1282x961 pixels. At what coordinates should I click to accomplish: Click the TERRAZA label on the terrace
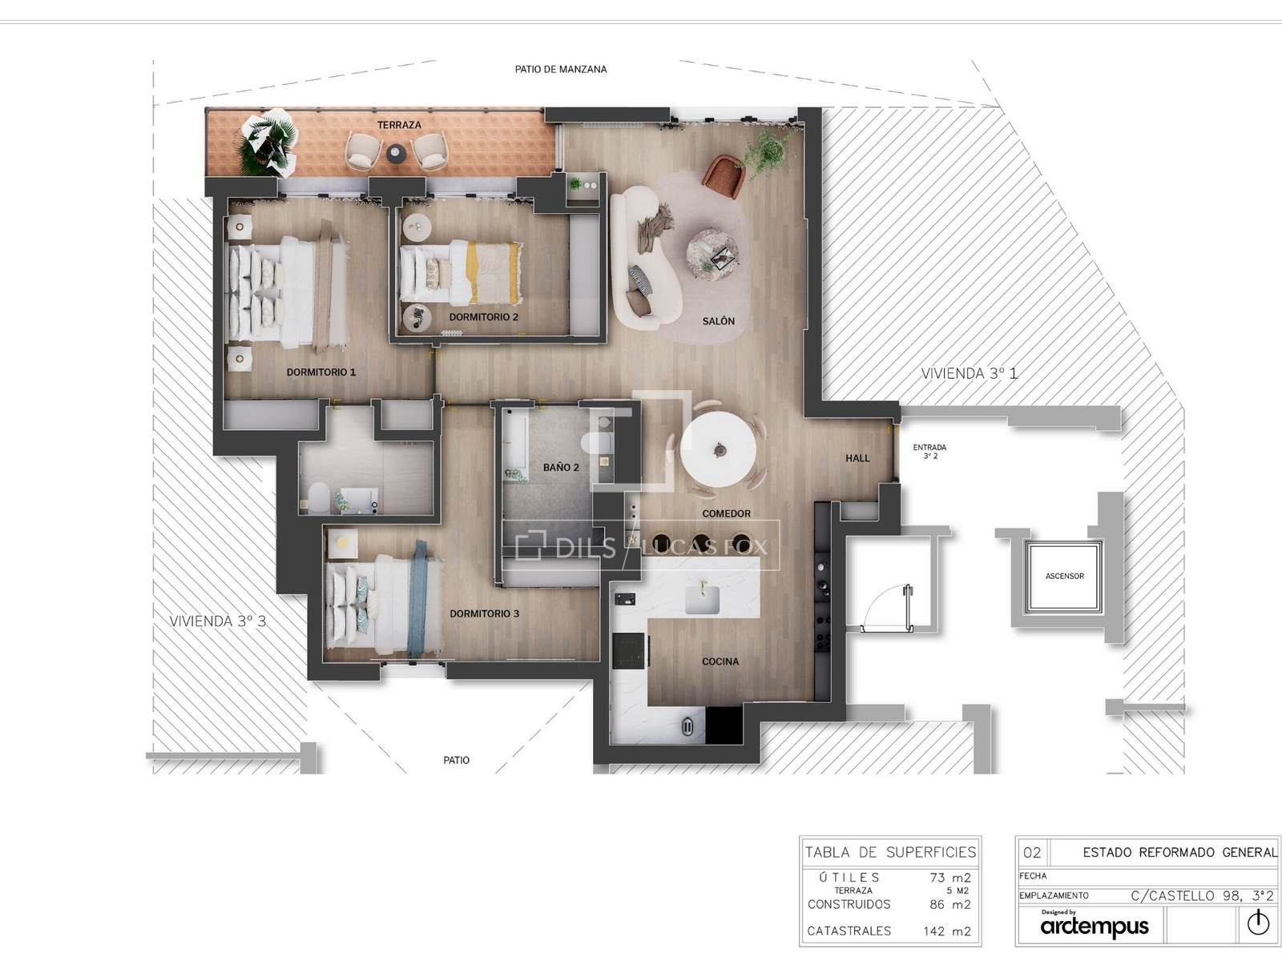[x=399, y=125]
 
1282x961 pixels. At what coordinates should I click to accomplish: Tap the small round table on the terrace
[x=396, y=154]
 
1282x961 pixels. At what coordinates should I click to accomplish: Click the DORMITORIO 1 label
[x=320, y=372]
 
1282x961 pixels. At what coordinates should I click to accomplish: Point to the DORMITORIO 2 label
[x=484, y=317]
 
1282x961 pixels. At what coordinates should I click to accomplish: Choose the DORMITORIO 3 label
[x=484, y=613]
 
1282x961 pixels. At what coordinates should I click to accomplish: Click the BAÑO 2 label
[x=561, y=468]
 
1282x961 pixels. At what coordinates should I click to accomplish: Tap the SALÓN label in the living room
[x=719, y=321]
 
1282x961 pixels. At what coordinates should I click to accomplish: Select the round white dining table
[x=718, y=450]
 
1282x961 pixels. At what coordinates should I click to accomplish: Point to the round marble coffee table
[x=712, y=255]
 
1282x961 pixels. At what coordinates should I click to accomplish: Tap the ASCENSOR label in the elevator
[x=1064, y=577]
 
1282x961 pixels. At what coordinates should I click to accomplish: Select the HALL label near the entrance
[x=857, y=459]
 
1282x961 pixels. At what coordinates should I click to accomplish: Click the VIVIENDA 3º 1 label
[x=969, y=373]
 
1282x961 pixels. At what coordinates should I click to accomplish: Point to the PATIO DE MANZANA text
[x=561, y=70]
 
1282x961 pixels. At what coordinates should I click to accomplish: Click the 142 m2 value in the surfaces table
[x=947, y=931]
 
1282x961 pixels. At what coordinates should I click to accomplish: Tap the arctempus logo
[x=1095, y=926]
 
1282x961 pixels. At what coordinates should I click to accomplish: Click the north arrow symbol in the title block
[x=1258, y=923]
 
